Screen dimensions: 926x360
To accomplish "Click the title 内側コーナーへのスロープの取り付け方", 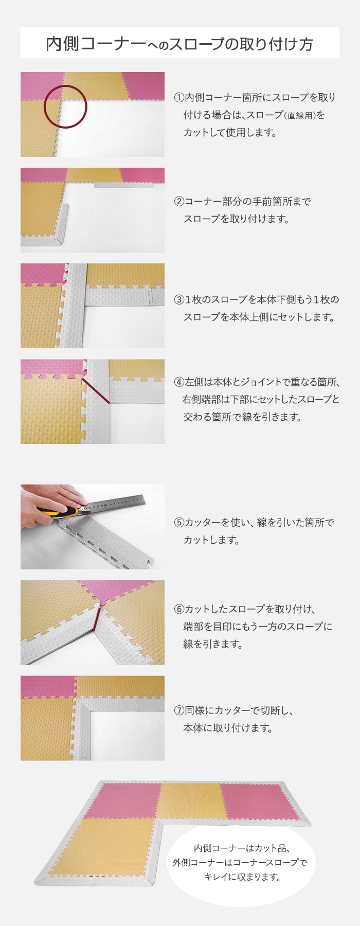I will pos(179,44).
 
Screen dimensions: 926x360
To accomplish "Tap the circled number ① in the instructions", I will pos(178,97).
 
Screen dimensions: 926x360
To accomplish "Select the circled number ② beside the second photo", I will pos(178,202).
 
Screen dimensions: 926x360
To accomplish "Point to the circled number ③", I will pos(178,299).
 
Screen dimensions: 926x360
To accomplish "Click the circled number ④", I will pos(178,382).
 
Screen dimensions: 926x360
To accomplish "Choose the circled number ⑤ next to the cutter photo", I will pos(178,523).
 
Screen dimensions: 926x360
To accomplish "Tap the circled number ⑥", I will pos(178,609).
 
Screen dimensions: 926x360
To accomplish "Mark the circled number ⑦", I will pos(178,710).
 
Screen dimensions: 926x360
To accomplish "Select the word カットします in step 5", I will pos(211,540).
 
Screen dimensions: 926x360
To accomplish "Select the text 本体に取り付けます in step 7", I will pos(228,728).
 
